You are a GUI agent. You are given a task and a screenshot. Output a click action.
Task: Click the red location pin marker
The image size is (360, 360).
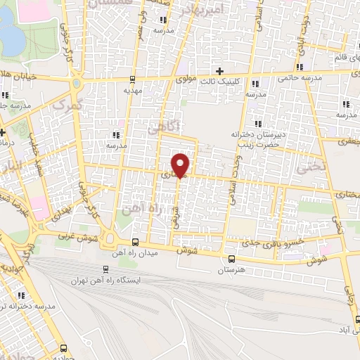[181, 164]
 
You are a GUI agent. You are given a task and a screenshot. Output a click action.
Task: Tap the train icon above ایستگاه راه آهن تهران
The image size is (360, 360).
[106, 269]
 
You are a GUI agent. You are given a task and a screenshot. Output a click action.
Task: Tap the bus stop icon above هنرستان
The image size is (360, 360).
[231, 259]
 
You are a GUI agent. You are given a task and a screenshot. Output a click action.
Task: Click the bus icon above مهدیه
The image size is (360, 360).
[133, 79]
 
